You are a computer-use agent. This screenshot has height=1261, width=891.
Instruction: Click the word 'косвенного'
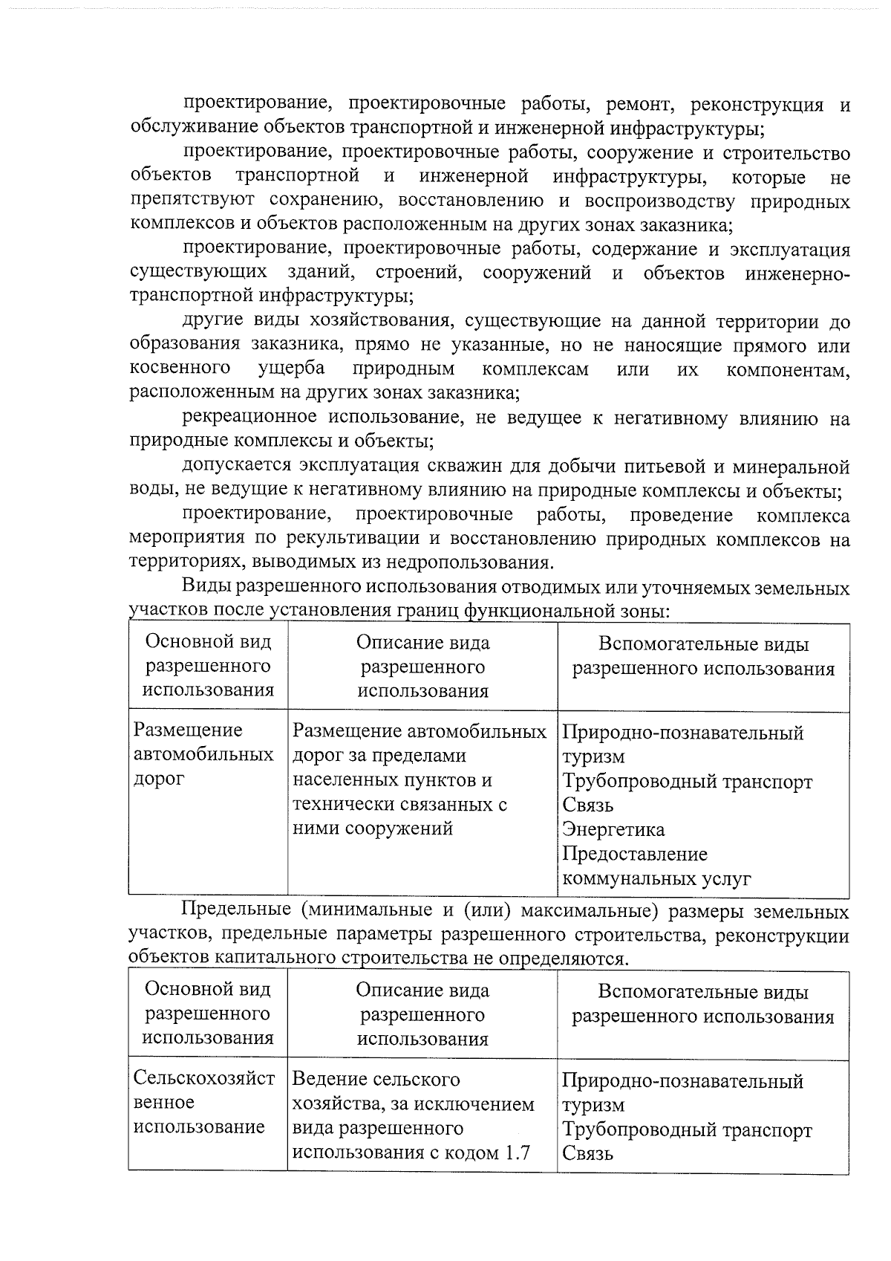(x=179, y=369)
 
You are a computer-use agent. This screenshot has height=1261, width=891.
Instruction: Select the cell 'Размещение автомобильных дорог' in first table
(x=203, y=755)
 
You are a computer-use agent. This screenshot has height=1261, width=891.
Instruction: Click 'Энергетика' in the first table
(x=613, y=829)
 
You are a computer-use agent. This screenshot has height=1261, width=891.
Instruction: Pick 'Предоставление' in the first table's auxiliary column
(x=635, y=854)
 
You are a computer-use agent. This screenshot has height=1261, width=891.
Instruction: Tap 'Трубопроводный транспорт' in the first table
(x=687, y=782)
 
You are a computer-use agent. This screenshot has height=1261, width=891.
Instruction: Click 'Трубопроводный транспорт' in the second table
(x=687, y=1130)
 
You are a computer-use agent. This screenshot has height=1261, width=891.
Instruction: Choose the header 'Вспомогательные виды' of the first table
(x=703, y=645)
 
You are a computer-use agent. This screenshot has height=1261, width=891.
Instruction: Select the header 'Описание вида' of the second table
(x=422, y=990)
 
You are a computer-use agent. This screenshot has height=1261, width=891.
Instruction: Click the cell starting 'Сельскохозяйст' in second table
(x=203, y=1103)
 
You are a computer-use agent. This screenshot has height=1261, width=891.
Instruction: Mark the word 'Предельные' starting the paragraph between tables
(x=236, y=910)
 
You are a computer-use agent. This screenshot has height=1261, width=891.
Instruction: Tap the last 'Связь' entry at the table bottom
(x=587, y=1154)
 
